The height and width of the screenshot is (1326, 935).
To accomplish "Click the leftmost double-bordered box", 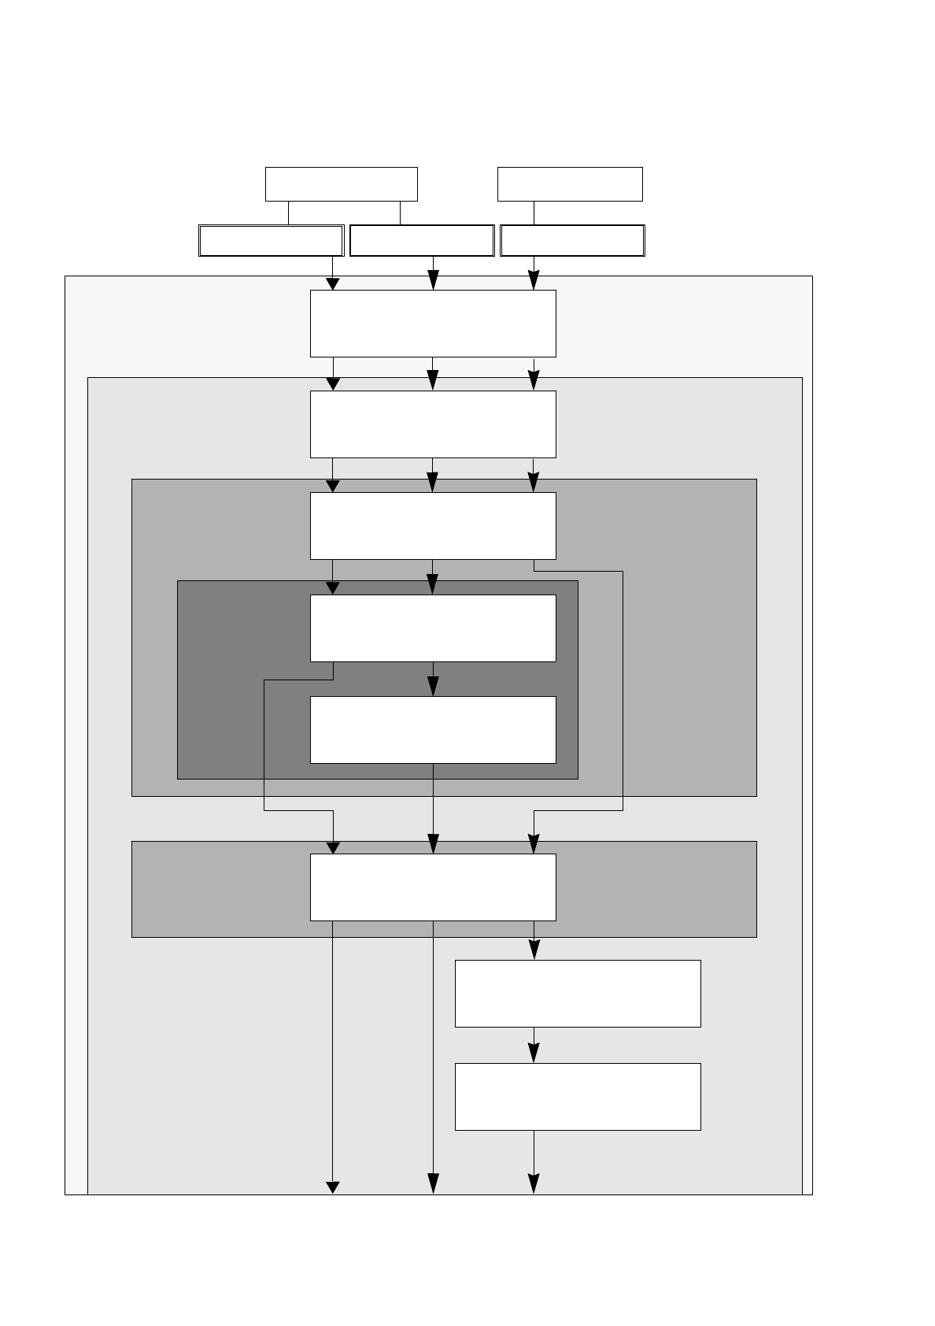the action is (x=271, y=241).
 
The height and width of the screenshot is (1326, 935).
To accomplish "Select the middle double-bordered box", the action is (x=422, y=241).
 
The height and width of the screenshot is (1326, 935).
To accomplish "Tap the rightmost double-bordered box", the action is (x=572, y=241).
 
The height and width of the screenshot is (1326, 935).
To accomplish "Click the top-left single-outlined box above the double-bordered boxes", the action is (x=341, y=184).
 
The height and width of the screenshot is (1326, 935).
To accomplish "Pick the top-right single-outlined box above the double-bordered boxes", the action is (x=570, y=184).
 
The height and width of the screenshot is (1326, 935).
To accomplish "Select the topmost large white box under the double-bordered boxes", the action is (x=433, y=324).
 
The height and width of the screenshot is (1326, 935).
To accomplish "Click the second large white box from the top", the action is (x=433, y=424).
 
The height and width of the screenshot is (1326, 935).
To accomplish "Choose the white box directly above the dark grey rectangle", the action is (x=433, y=526).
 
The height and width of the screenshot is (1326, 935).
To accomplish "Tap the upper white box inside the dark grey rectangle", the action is (x=433, y=628).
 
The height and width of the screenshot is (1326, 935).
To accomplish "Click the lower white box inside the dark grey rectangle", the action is (x=433, y=730).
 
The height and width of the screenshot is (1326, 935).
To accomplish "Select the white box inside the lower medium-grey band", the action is (x=433, y=887).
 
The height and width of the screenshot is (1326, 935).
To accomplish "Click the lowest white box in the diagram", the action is (x=578, y=1097).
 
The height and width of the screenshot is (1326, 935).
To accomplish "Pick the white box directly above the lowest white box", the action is (x=578, y=994).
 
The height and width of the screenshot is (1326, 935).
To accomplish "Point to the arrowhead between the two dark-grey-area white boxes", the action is (x=433, y=687).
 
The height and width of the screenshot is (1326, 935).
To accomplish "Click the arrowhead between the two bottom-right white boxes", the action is (x=534, y=1054).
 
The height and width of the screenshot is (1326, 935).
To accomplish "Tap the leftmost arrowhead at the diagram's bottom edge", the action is (x=333, y=1187).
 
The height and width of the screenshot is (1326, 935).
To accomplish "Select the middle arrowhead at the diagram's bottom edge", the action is (x=433, y=1184).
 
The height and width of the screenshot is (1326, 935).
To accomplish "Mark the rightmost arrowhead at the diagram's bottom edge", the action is (x=534, y=1184).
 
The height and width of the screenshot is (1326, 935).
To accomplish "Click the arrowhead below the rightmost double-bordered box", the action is (x=534, y=280).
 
